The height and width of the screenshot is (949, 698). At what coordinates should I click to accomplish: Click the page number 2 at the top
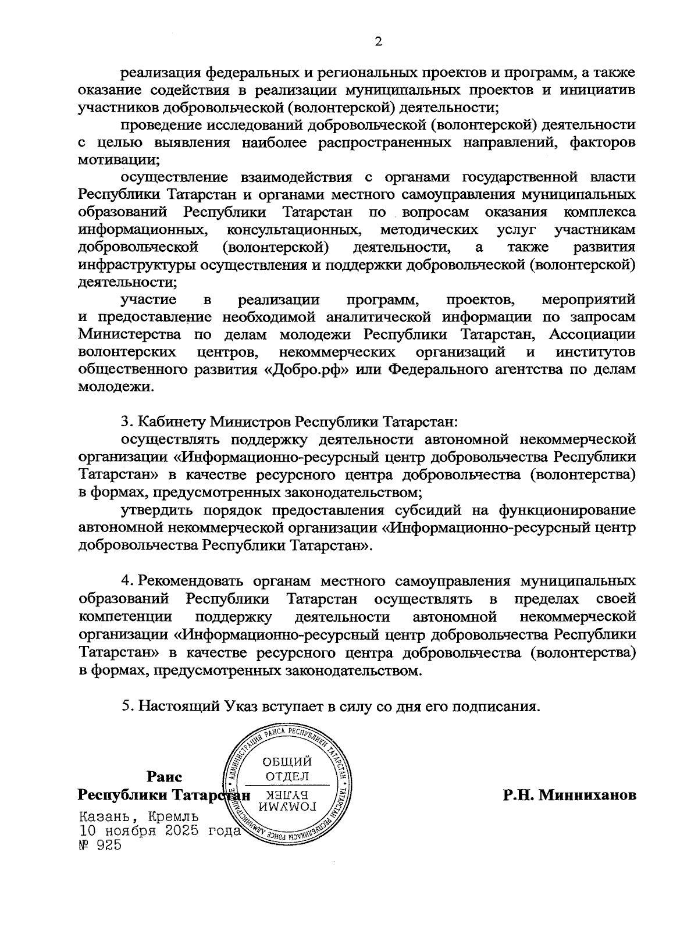[379, 41]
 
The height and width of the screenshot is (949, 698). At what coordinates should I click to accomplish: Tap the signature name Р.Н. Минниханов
[569, 794]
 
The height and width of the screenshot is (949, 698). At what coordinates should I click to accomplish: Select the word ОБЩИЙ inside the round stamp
[287, 762]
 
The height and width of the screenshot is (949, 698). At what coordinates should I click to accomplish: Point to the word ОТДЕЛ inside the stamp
[287, 776]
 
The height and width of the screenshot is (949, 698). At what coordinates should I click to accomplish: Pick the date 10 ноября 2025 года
[159, 831]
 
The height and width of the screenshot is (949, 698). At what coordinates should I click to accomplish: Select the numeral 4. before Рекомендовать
[126, 581]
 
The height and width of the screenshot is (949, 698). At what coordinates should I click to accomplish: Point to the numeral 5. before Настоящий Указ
[126, 706]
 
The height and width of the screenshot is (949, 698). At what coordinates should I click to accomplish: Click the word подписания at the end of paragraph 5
[497, 707]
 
